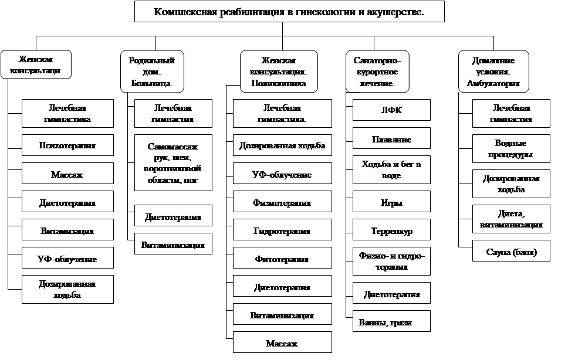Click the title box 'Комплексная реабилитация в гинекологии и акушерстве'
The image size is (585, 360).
289,12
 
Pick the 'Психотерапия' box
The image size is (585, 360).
67,145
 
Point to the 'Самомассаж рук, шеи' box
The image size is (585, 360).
173,163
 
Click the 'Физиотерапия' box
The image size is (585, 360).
282,203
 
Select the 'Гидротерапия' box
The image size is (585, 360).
282,231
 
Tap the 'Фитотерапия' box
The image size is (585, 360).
282,259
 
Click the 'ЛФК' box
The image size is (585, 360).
391,110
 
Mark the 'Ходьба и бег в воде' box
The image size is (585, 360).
391,169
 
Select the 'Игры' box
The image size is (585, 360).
391,202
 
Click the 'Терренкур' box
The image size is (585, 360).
391,230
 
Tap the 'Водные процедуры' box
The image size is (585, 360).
511,149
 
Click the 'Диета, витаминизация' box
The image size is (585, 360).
511,219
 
